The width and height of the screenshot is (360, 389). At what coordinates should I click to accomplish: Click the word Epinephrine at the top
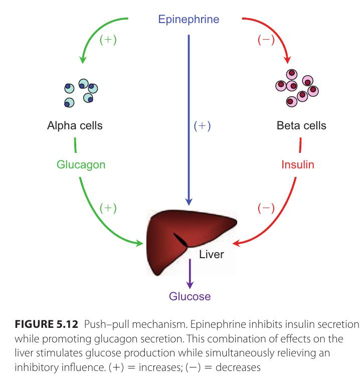coord(189,20)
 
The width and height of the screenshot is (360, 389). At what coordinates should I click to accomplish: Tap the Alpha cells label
coord(75,125)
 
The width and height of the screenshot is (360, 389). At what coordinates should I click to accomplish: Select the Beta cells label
coord(301,125)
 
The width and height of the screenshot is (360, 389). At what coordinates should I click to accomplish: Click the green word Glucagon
coord(81,164)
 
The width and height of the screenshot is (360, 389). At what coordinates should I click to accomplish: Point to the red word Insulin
coord(298,164)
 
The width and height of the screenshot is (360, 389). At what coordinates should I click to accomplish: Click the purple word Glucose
coord(190,296)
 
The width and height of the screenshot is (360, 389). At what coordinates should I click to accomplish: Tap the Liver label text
coord(211,254)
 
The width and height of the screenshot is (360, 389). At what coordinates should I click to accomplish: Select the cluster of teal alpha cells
coord(81,93)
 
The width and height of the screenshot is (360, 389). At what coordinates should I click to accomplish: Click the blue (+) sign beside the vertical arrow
coord(202,126)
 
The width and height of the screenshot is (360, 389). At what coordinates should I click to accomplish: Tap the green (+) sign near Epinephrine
coord(108,40)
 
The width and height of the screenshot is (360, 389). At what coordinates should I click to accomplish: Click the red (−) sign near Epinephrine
coord(266,40)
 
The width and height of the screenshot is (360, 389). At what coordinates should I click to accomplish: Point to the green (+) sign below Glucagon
coord(108,207)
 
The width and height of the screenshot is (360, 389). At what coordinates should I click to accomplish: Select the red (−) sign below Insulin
coord(266,207)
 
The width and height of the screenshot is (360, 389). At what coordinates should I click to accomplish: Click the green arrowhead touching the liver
coord(139,243)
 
